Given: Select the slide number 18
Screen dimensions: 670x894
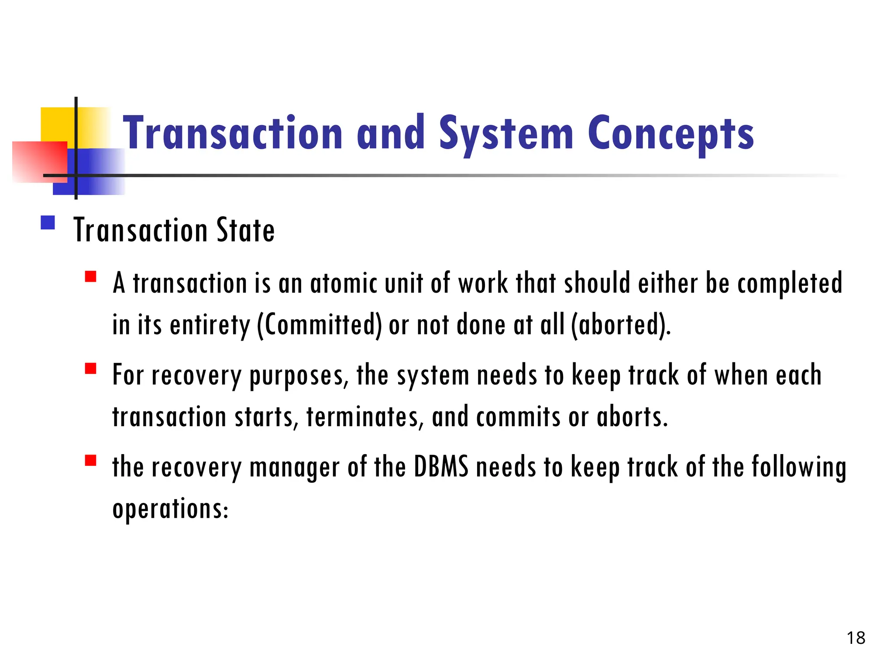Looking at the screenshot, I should pos(856,638).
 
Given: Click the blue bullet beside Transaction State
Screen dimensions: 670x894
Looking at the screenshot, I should pos(48,223).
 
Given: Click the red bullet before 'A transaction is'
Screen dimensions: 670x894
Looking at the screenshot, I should pos(91,277).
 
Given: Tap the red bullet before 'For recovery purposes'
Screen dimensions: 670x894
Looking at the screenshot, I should pos(91,369).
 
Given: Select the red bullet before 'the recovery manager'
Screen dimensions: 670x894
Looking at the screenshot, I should pos(91,461).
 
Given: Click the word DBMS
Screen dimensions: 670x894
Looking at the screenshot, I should pos(441,467).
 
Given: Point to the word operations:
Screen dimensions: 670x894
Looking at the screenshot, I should pos(170,509).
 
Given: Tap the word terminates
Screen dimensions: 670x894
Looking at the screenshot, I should pos(365,417).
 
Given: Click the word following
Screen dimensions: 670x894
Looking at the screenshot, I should pos(799,467).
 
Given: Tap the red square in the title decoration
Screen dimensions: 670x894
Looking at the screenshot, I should pos(39,161).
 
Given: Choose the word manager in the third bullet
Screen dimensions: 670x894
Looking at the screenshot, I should pos(294,467).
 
